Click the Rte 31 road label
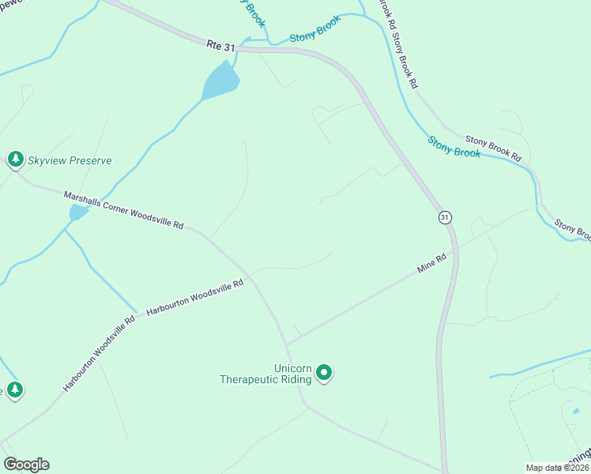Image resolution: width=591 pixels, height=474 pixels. click(x=221, y=47)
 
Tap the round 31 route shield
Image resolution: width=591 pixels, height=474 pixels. click(x=445, y=216)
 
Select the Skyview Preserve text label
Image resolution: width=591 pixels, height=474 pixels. click(x=70, y=160)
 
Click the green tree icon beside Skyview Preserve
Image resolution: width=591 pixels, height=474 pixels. click(x=15, y=160)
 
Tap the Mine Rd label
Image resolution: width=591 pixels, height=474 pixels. click(x=432, y=264)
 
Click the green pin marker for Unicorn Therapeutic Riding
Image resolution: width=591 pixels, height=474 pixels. click(x=323, y=372)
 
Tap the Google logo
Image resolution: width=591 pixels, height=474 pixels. click(x=26, y=465)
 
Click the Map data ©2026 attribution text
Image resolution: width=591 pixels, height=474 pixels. click(x=557, y=468)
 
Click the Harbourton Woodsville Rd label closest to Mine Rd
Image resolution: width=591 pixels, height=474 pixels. click(x=194, y=298)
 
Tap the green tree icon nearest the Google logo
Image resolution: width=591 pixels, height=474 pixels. click(x=14, y=389)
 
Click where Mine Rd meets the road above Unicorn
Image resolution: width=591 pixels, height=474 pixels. click(x=287, y=344)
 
